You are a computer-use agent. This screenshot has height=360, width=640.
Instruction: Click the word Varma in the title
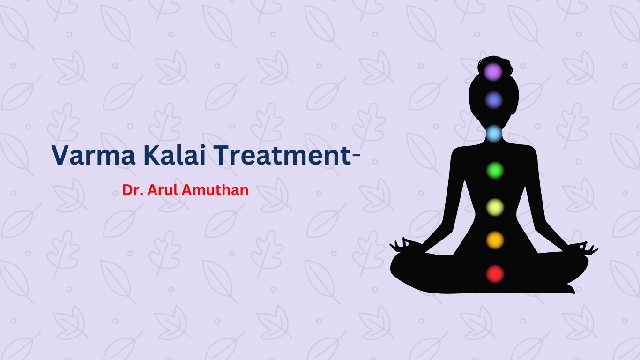93,155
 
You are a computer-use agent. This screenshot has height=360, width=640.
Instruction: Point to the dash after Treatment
356,155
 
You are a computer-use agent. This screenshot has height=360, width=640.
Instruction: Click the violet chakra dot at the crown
493,72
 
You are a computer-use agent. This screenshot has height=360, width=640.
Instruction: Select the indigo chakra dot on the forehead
494,100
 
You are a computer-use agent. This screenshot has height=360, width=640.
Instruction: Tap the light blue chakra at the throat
494,134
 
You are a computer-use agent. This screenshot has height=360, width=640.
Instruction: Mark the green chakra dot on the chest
495,171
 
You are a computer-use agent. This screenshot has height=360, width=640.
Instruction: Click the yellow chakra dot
495,207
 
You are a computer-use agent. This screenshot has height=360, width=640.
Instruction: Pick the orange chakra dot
495,240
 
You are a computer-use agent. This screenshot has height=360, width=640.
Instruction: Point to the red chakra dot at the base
495,274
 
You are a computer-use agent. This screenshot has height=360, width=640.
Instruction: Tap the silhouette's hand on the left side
403,245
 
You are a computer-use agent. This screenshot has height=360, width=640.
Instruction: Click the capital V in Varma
60,155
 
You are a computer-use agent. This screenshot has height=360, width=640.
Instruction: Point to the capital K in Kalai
151,155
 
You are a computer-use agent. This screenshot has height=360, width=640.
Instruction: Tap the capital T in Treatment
222,155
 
